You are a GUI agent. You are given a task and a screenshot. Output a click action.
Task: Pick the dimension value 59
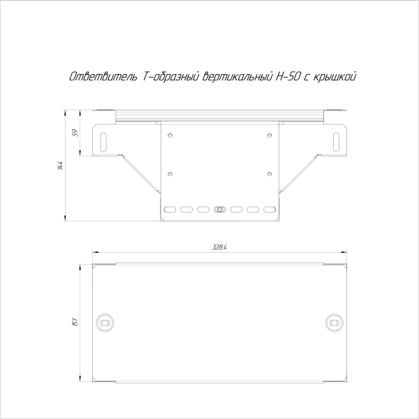pyautogui.click(x=75, y=133)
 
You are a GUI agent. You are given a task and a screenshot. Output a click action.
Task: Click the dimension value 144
pyautogui.click(x=61, y=166)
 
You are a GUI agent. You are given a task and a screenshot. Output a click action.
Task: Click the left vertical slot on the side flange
pyautogui.click(x=105, y=140)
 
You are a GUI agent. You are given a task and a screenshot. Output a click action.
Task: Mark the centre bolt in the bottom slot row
pyautogui.click(x=219, y=209)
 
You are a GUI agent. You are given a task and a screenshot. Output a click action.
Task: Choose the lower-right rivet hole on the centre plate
pyautogui.click(x=269, y=172)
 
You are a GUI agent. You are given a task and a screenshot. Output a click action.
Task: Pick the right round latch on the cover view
pyautogui.click(x=334, y=322)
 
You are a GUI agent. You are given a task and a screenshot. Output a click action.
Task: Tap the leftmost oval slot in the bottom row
pyautogui.click(x=168, y=209)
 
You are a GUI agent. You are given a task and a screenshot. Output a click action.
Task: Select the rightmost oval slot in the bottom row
pyautogui.click(x=270, y=209)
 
